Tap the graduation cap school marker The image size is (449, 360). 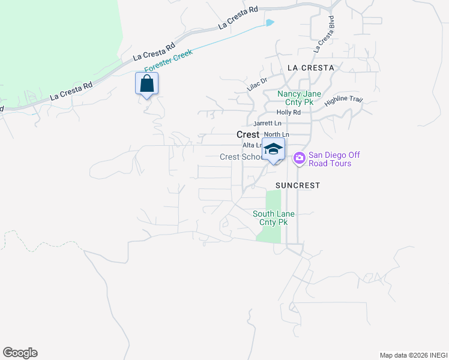click(273, 149)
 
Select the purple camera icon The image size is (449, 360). click(299, 159)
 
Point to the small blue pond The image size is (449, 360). click(270, 23)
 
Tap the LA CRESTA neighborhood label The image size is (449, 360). click(310, 68)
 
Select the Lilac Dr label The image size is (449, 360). click(256, 83)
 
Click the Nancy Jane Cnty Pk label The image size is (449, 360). click(299, 98)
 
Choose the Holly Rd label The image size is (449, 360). click(288, 112)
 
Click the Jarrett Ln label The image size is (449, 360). click(267, 123)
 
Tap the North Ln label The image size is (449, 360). click(277, 134)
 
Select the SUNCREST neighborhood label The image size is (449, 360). click(298, 185)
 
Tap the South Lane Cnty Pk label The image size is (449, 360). click(273, 218)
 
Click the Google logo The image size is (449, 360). click(20, 353)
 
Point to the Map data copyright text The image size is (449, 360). click(413, 355)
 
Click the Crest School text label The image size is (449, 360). click(241, 157)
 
